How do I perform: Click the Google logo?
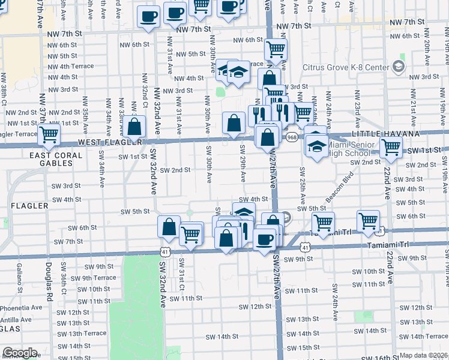[x=20, y=353]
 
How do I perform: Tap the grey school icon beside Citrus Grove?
[x=398, y=67]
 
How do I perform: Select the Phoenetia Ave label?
[x=21, y=308]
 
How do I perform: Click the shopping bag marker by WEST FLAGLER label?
[x=136, y=127]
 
